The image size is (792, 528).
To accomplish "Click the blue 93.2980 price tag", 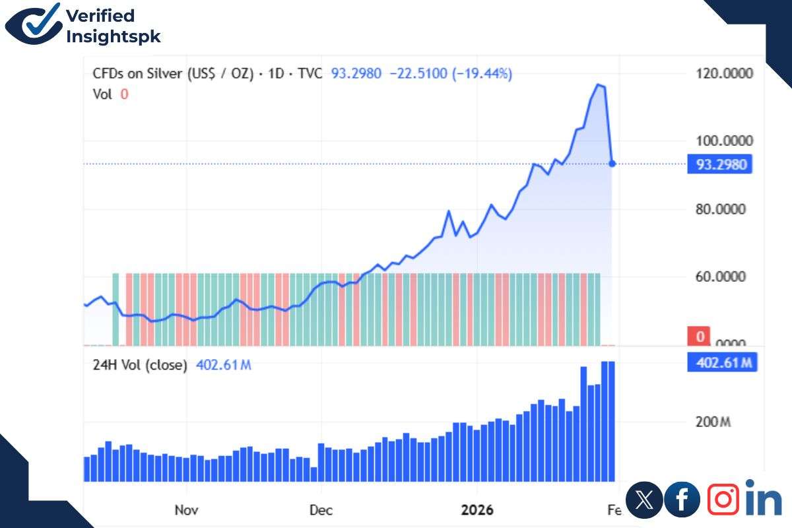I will (720, 164).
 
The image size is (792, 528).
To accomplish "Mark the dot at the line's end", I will (612, 163).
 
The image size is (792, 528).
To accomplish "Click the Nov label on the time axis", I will (187, 510).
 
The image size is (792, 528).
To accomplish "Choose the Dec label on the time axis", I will (321, 510).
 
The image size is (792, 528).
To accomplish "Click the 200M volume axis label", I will (713, 422).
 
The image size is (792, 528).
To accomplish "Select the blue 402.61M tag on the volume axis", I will (721, 362).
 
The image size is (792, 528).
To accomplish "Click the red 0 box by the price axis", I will (700, 336).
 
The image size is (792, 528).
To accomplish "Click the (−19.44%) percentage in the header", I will (482, 73).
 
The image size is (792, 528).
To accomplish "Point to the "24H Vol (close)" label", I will (140, 364).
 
